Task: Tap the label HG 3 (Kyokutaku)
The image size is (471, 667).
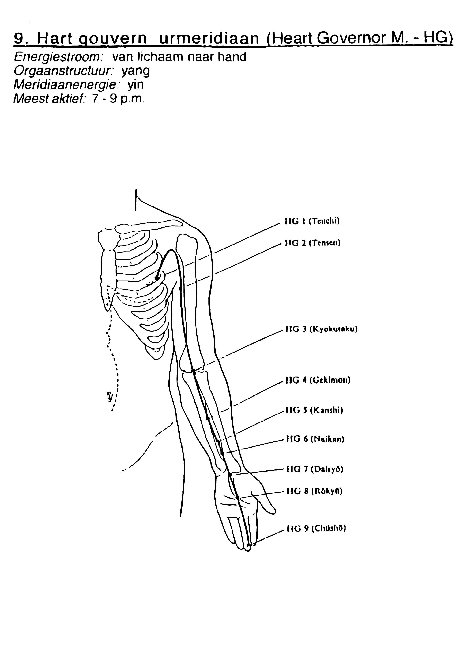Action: pos(322,330)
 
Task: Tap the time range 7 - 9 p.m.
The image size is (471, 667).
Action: pos(118,99)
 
